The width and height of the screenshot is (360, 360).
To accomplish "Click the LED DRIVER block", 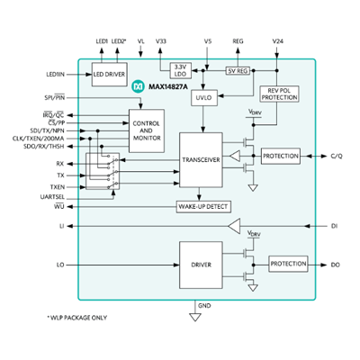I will point(111,75).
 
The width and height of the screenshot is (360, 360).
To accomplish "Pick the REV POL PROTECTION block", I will point(277,95).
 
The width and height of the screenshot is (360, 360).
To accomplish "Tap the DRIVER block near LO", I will point(201,265).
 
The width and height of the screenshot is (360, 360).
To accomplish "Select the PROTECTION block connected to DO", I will point(288,265).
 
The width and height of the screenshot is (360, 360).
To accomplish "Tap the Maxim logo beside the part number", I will point(138,86).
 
